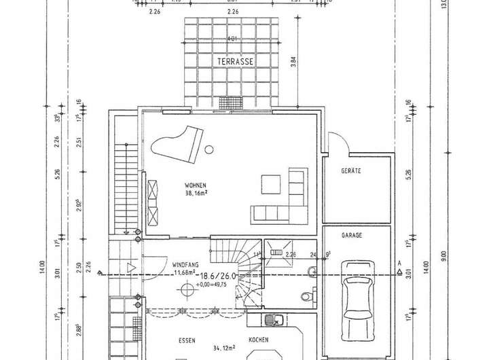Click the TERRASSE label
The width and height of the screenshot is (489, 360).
coord(235,62)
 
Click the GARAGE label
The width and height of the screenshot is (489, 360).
coord(352,235)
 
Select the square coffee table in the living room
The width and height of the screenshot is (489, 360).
coord(270,183)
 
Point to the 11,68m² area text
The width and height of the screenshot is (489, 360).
coord(185,272)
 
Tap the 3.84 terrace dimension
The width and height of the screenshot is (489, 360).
coord(293,65)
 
